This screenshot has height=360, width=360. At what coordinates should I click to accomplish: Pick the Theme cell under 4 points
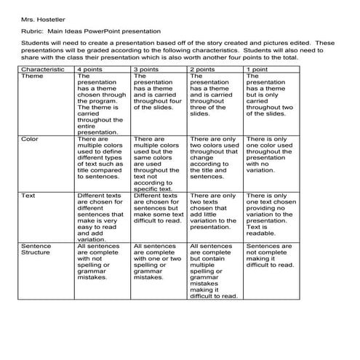(x=100, y=102)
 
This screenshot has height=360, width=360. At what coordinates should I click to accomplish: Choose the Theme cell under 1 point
(x=270, y=95)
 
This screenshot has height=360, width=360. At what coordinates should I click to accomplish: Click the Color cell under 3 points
(x=157, y=162)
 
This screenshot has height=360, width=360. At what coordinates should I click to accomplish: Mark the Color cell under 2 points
(x=213, y=157)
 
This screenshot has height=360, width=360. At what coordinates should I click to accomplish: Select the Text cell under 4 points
(x=100, y=218)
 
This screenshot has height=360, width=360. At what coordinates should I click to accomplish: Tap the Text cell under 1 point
(x=270, y=215)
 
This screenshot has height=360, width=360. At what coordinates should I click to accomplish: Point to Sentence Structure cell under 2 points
(x=213, y=271)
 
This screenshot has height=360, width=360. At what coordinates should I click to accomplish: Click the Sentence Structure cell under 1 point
(x=270, y=256)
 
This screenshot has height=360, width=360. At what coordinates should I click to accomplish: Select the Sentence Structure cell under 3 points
(x=157, y=261)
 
